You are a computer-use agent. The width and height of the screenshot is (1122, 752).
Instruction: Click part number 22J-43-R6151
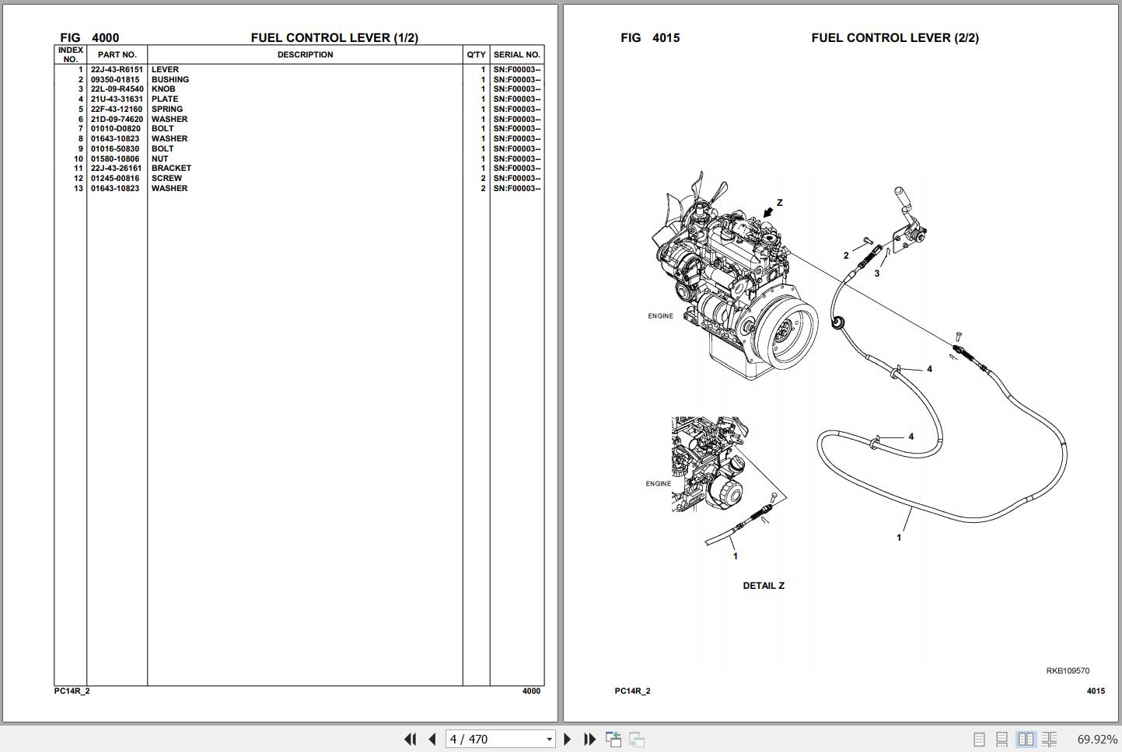[x=117, y=70]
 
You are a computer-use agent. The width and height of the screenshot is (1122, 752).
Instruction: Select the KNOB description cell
[x=163, y=89]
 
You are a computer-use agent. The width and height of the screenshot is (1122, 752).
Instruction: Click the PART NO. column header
[x=117, y=54]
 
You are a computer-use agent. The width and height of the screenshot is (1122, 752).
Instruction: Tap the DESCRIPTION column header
[x=305, y=54]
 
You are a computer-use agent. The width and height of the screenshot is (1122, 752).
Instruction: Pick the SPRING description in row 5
[x=167, y=110]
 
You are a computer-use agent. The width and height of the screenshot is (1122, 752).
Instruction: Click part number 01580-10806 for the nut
[x=115, y=158]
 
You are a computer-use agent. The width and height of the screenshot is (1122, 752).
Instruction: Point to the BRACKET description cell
[x=171, y=169]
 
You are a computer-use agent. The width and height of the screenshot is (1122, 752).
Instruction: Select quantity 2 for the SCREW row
[x=483, y=179]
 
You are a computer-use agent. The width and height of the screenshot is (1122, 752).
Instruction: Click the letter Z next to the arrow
[x=780, y=203]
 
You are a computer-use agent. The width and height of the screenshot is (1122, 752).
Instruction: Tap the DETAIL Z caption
[x=764, y=586]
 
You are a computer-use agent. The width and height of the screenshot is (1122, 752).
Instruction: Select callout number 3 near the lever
[x=877, y=273]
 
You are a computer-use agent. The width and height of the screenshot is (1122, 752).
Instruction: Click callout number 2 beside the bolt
[x=847, y=256]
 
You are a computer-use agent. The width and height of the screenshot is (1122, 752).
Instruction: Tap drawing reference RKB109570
[x=1068, y=670]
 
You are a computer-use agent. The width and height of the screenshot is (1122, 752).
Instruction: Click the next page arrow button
[x=567, y=739]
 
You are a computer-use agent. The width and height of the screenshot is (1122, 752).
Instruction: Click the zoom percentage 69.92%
[x=1097, y=739]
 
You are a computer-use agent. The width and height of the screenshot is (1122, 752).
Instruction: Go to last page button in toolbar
[x=589, y=739]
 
